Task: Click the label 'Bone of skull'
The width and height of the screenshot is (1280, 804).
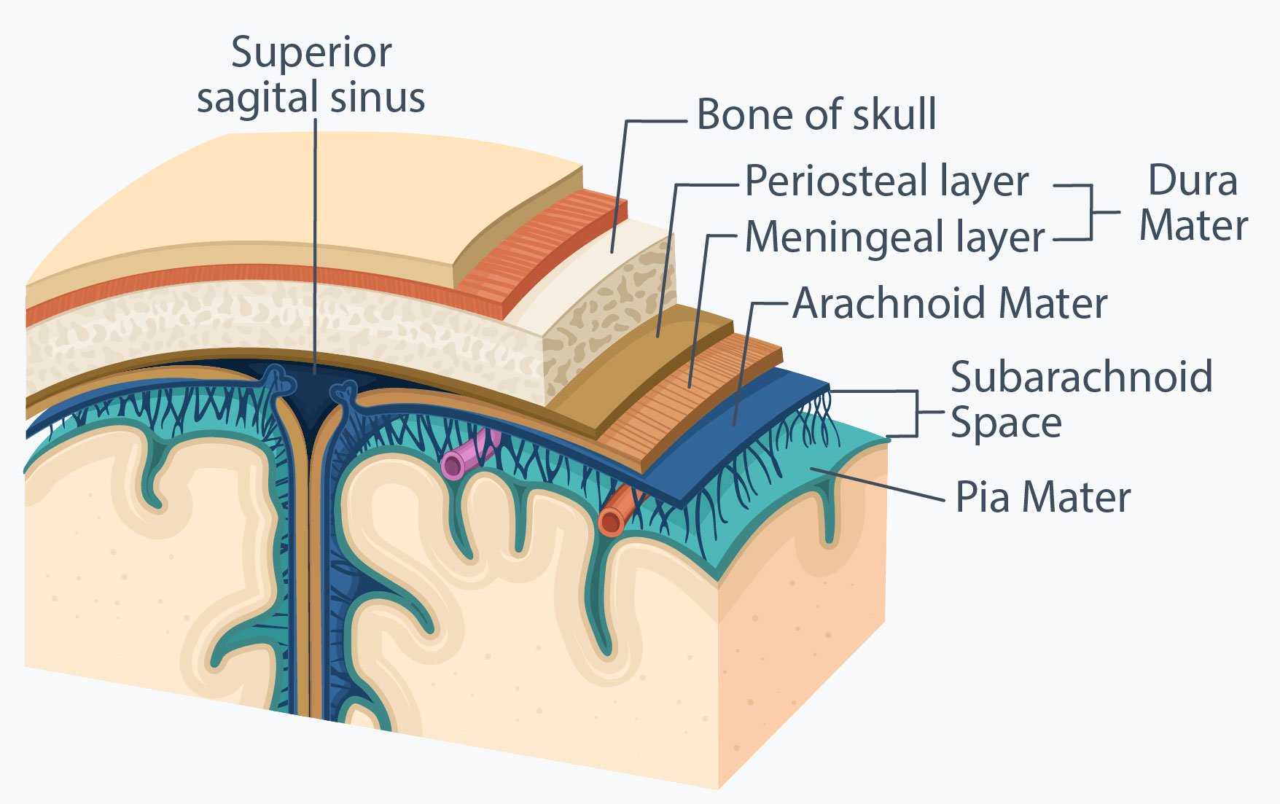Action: [816, 114]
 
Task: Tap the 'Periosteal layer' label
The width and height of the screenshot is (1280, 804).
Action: [887, 181]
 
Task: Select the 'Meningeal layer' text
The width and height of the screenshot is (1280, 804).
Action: [895, 236]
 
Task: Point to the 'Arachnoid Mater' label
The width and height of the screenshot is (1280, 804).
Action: [950, 303]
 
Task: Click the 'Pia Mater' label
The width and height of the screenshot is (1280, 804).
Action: [1043, 497]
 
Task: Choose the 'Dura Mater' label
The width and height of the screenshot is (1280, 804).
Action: [1193, 203]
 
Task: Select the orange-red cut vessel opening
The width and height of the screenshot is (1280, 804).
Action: [611, 521]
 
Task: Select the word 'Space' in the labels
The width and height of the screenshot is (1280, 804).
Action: [1006, 423]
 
